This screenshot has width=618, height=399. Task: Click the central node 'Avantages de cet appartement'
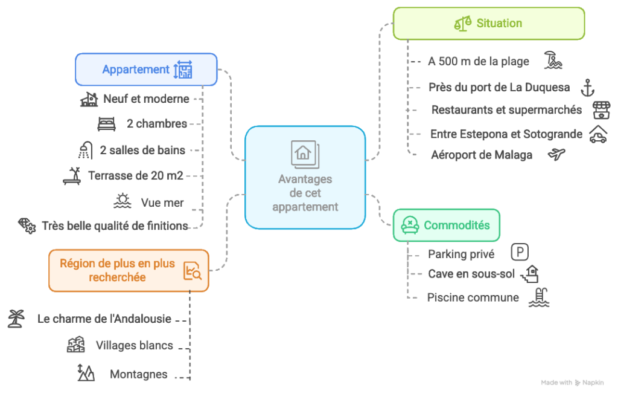(x=305, y=178)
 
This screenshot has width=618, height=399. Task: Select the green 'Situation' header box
(x=488, y=24)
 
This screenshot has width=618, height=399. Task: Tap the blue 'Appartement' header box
(x=146, y=69)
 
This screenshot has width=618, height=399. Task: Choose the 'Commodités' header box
(x=446, y=225)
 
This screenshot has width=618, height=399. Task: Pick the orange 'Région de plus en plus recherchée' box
(x=129, y=270)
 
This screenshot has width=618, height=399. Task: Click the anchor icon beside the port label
(x=587, y=88)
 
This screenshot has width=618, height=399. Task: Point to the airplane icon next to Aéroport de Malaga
(x=556, y=155)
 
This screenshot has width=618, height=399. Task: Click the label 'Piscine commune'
(x=473, y=297)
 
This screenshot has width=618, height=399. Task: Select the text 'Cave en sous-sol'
(x=471, y=274)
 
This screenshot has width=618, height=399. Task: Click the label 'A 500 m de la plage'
(x=478, y=62)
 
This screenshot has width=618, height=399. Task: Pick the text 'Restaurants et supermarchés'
(x=506, y=110)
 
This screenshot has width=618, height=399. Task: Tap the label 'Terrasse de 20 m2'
(x=135, y=176)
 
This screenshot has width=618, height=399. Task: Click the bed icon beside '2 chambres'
(x=107, y=124)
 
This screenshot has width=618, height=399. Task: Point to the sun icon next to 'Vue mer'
(x=123, y=201)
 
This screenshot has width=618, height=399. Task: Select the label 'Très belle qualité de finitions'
(x=115, y=226)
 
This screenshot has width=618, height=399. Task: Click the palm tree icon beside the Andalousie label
(x=16, y=317)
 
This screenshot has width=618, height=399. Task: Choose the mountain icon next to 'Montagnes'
(x=86, y=373)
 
